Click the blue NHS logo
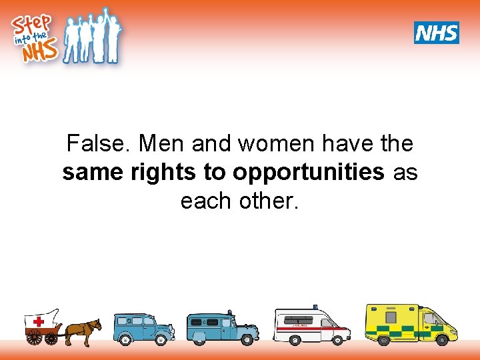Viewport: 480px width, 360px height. [437, 32]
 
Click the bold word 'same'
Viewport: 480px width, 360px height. [92, 172]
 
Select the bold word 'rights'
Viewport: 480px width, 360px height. [163, 172]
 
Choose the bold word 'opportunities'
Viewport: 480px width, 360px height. [308, 172]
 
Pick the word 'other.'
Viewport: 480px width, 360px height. [269, 200]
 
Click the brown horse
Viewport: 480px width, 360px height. [83, 329]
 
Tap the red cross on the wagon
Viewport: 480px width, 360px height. [39, 322]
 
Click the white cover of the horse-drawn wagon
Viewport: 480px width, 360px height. [43, 319]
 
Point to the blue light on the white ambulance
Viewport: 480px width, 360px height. [315, 307]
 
